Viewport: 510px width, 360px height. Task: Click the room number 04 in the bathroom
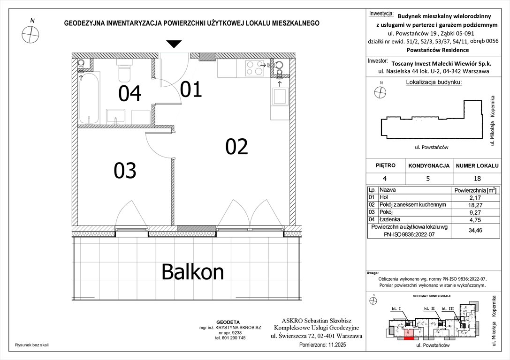click(x=129, y=94)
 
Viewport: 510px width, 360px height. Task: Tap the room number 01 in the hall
click(x=191, y=89)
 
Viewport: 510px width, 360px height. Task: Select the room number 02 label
click(x=236, y=147)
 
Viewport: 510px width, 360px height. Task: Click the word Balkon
click(x=193, y=271)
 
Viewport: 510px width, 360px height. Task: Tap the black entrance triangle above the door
click(x=174, y=45)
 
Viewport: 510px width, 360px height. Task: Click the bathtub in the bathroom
click(x=88, y=98)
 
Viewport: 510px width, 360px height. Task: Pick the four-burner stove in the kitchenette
click(x=253, y=69)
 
